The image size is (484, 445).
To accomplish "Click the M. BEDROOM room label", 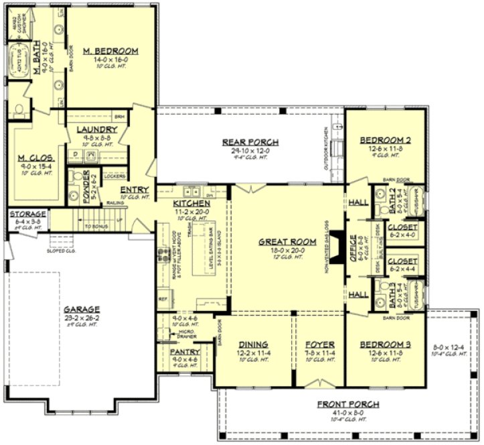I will [x=111, y=50].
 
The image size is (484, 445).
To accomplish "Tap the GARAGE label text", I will [x=82, y=310].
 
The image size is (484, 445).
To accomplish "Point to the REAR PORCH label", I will [x=251, y=141].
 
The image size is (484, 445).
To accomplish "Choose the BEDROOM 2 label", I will [x=385, y=140].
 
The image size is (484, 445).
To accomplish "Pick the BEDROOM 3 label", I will [x=385, y=344].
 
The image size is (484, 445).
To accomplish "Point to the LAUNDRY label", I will [x=97, y=129].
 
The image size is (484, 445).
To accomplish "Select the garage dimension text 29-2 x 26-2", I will [x=82, y=318].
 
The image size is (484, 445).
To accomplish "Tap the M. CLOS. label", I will [x=35, y=158].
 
